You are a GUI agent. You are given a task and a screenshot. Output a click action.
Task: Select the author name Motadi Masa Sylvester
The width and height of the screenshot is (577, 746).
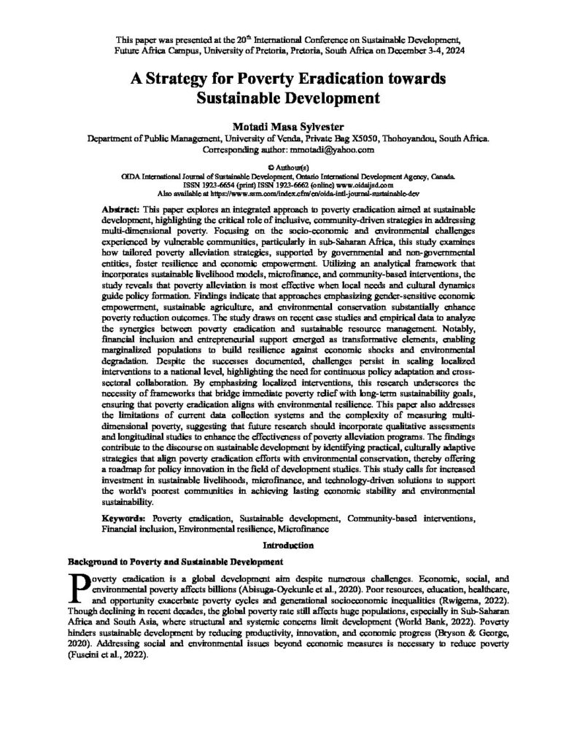pos(288,122)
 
